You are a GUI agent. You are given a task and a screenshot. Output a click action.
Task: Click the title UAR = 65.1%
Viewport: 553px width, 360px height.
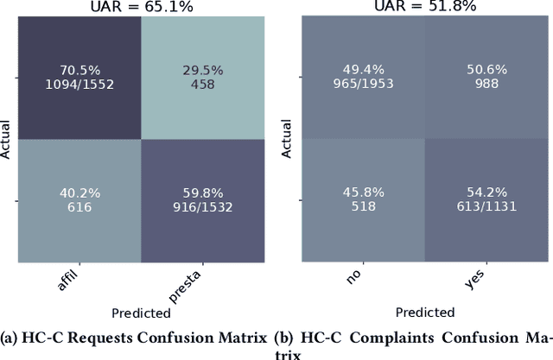pos(143,7)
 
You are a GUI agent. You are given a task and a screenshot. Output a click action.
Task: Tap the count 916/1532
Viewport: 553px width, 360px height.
pos(204,208)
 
